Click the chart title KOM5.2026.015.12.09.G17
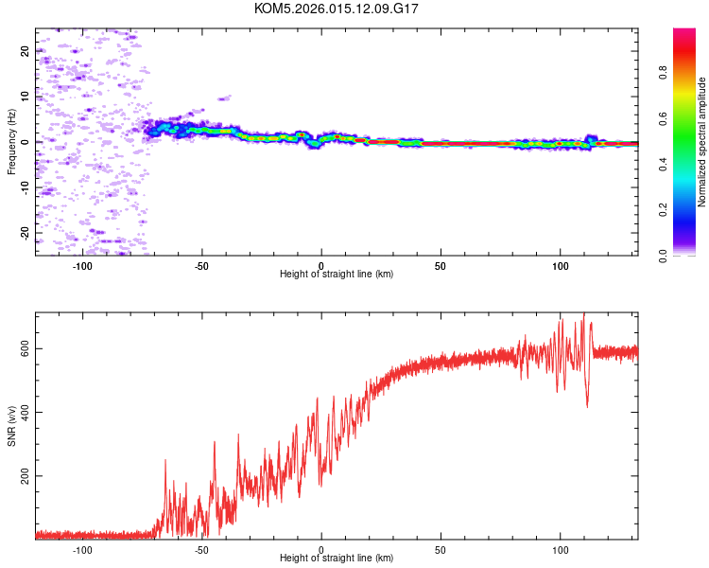(337, 9)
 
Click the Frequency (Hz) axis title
(11, 142)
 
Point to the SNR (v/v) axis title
(11, 426)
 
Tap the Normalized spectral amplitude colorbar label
(702, 142)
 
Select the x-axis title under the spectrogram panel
(337, 274)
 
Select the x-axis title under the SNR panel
(337, 558)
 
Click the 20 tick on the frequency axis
(26, 51)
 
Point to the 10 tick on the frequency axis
(26, 97)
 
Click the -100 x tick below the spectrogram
(82, 264)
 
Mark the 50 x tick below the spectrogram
(441, 264)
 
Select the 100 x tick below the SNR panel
(560, 548)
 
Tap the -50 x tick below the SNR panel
(201, 548)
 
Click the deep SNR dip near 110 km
(587, 405)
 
